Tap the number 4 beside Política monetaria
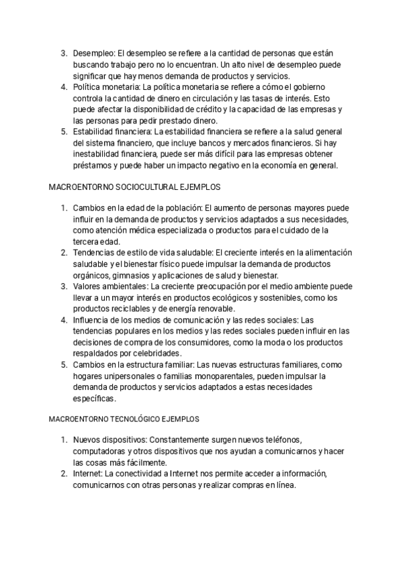[x=63, y=88]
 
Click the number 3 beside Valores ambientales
[x=63, y=286]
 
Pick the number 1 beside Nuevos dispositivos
[x=63, y=440]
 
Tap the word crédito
[x=197, y=110]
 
